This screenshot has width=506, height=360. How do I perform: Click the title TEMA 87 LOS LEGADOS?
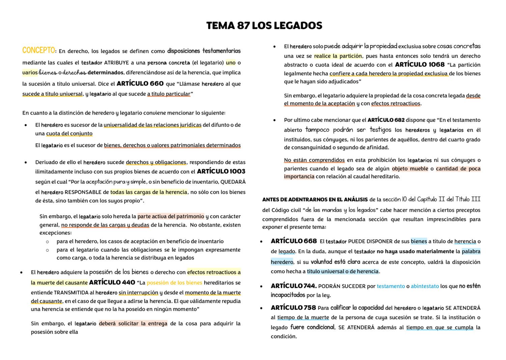coord(264,26)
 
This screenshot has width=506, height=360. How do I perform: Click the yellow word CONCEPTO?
coord(38,51)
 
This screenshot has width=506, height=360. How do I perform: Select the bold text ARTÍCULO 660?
coord(140,84)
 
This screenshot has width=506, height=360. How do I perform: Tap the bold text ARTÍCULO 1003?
coord(221,172)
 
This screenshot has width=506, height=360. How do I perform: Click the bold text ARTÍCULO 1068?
coord(420,64)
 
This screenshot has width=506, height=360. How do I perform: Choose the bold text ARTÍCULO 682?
coord(386,120)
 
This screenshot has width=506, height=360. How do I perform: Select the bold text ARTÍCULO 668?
coord(293,241)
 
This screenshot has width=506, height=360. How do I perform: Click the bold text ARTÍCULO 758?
coord(293,308)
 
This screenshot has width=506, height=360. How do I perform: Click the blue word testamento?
coord(391,286)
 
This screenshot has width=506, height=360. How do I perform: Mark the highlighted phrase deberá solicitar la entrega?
coord(133,324)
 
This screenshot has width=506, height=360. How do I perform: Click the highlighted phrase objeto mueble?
coord(410,169)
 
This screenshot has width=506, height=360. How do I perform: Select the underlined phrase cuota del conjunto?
coord(69,133)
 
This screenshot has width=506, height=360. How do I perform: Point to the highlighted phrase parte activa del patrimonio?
coord(171,216)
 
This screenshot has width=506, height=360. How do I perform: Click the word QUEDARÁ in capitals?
coord(233,182)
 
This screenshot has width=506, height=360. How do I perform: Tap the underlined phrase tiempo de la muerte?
coord(303,317)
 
